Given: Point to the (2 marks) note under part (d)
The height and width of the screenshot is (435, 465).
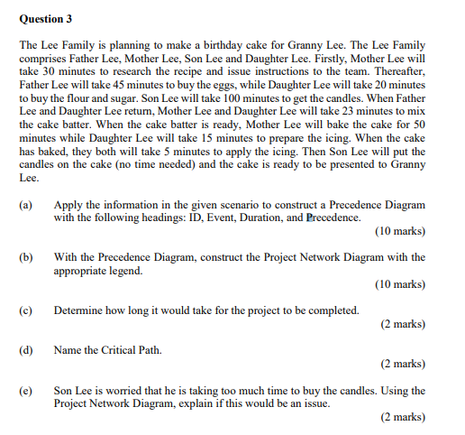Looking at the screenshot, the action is tap(402, 364).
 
